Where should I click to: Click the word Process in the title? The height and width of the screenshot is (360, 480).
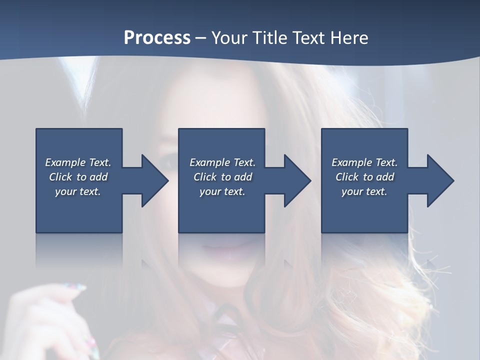coord(157,38)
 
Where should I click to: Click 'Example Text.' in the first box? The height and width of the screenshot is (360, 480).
coord(78,162)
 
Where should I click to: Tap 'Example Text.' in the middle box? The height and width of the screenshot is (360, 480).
coord(222,162)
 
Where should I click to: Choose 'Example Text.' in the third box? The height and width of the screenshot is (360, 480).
coord(364,162)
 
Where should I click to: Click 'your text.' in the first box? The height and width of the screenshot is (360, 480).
coord(78,191)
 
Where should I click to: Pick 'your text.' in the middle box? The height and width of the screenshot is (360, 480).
coord(222,191)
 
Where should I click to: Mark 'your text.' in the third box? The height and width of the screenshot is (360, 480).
coord(364,191)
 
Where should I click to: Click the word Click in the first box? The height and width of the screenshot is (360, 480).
coord(60,177)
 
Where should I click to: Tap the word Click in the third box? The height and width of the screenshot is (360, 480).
coord(347,177)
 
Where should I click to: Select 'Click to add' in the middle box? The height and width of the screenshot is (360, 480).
coord(222,177)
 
